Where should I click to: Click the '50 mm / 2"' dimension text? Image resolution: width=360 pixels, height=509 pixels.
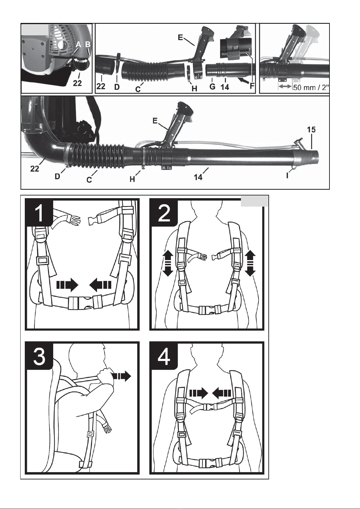311,88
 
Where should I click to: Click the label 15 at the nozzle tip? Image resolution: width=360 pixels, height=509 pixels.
311,130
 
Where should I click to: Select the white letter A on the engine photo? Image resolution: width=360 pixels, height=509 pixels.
78,44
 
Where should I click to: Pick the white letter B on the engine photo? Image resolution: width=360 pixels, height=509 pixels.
88,44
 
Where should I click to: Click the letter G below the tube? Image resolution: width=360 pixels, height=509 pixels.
212,87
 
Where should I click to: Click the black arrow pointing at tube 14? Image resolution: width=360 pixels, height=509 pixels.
244,80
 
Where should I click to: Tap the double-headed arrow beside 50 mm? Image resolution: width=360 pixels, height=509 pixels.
285,87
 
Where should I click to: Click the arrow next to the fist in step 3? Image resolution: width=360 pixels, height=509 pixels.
122,376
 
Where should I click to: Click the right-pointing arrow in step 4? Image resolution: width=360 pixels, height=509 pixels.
199,393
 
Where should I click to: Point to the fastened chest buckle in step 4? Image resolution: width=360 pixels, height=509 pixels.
209,407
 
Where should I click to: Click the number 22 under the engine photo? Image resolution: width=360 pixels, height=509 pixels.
77,83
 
